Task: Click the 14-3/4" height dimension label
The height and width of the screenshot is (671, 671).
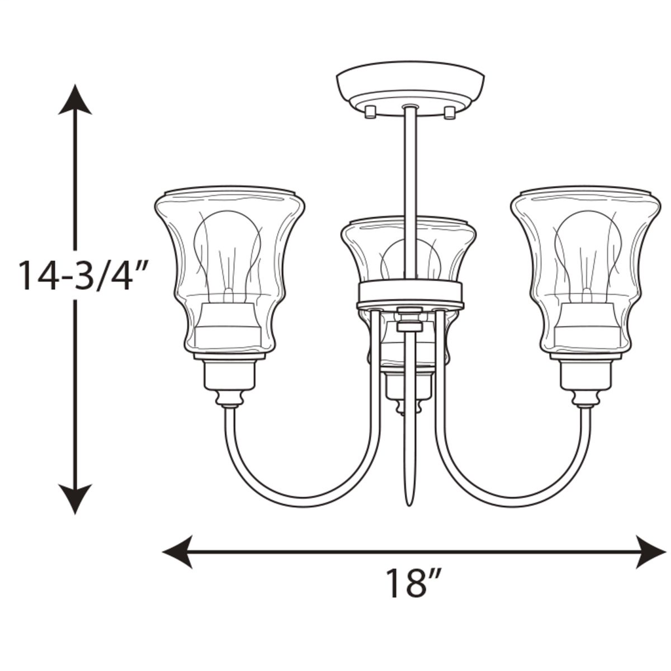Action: tap(77, 275)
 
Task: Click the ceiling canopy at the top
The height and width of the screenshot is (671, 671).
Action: tap(410, 85)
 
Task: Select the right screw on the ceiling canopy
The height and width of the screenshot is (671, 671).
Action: tap(450, 113)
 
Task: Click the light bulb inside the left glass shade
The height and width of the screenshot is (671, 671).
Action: tap(229, 249)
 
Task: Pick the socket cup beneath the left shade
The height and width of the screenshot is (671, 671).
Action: tap(229, 377)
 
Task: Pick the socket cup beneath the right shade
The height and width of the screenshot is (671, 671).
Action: tap(585, 377)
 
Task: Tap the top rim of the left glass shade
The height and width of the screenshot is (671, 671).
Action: tap(229, 192)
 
